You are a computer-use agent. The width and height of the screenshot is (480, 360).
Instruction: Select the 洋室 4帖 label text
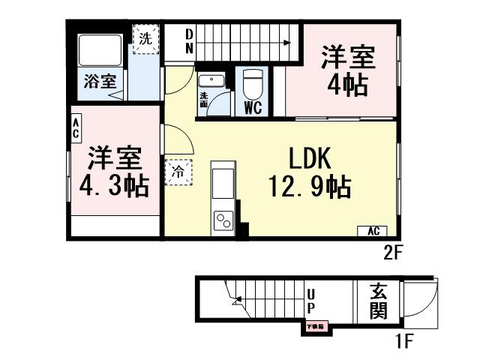[346, 70]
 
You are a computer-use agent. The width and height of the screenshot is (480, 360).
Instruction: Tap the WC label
[252, 106]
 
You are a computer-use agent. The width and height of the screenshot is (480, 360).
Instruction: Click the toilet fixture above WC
[252, 82]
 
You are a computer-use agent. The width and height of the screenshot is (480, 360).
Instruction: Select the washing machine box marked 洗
[146, 40]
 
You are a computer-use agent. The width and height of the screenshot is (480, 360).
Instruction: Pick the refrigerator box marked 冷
[178, 172]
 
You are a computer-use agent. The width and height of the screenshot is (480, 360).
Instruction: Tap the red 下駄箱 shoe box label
[314, 326]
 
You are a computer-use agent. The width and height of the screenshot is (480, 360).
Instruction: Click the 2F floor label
[394, 252]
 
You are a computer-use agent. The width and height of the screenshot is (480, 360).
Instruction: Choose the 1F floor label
[405, 343]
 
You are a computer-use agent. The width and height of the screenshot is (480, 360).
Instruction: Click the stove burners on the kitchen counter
[223, 220]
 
